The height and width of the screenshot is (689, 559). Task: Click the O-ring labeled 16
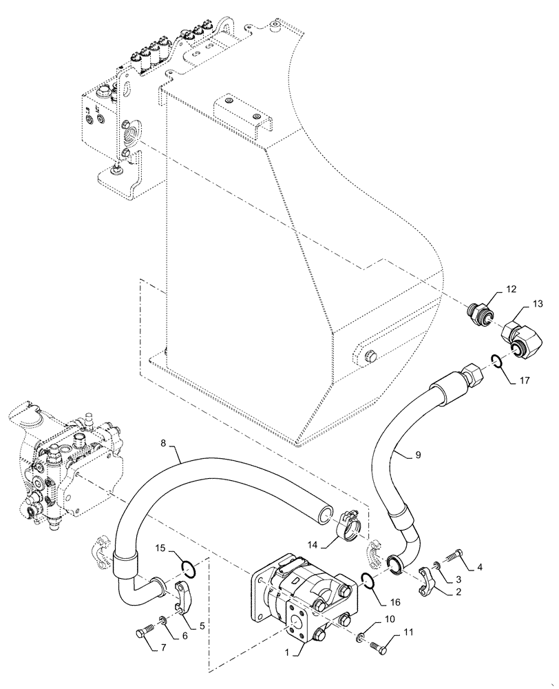pos(368,582)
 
